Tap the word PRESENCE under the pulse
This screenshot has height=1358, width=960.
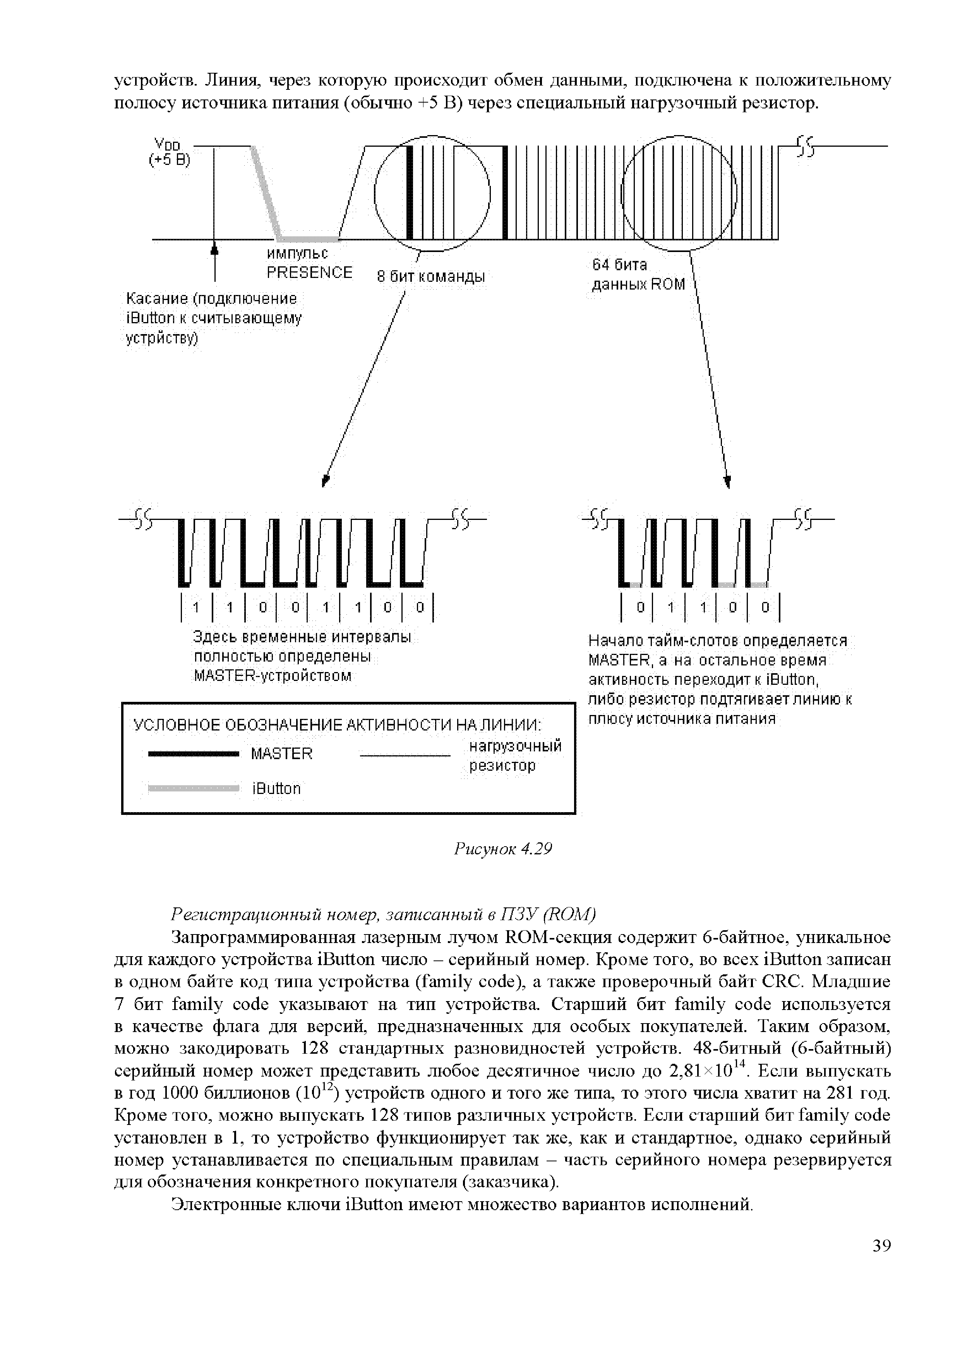[x=309, y=273]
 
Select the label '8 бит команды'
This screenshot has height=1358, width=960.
[x=430, y=277]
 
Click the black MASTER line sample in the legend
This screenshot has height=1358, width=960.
[x=192, y=754]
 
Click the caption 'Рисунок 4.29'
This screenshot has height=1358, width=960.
[x=503, y=849]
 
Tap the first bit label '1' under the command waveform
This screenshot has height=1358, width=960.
[x=196, y=607]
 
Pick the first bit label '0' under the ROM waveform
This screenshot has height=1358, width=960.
[x=639, y=607]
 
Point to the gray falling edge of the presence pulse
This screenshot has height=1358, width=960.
[x=266, y=192]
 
